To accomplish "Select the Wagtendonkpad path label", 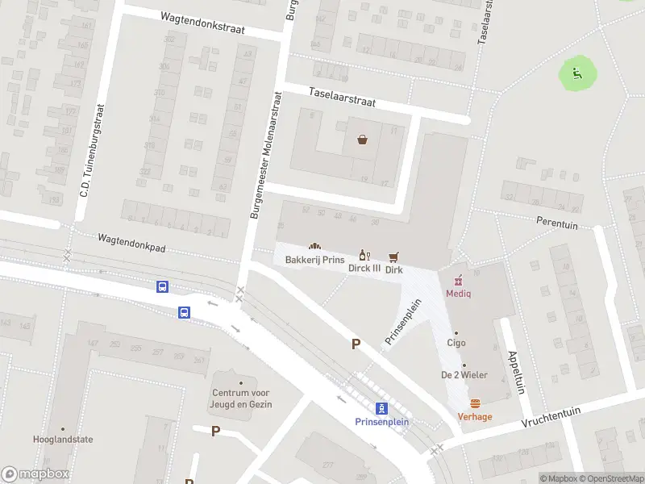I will pyautogui.click(x=131, y=244).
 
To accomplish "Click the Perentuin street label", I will pyautogui.click(x=557, y=225).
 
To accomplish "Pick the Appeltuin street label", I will pyautogui.click(x=514, y=371).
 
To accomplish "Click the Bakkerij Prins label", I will pyautogui.click(x=314, y=260).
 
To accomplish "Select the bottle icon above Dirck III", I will pyautogui.click(x=364, y=255).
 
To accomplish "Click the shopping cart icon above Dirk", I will pyautogui.click(x=393, y=256).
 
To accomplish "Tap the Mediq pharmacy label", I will pyautogui.click(x=458, y=293).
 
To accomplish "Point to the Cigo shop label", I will pyautogui.click(x=456, y=343).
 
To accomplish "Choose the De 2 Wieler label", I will pyautogui.click(x=464, y=375).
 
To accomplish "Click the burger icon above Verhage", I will pyautogui.click(x=475, y=403).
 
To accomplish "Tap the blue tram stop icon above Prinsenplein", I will pyautogui.click(x=382, y=408).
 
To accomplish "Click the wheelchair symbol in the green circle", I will pyautogui.click(x=577, y=74).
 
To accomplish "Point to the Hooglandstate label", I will pyautogui.click(x=63, y=440).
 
